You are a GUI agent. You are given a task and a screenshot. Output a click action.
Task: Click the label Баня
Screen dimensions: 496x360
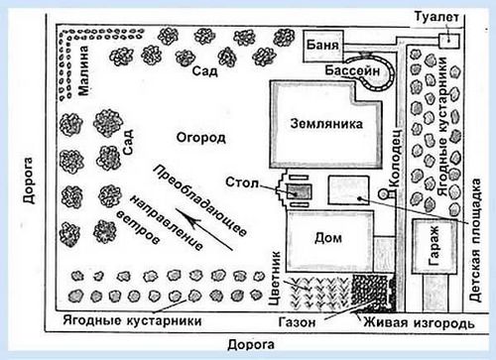click(x=322, y=45)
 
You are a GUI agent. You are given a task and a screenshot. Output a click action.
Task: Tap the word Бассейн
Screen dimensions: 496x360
click(x=352, y=70)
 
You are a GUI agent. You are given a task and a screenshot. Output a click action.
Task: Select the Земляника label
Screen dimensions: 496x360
click(x=326, y=124)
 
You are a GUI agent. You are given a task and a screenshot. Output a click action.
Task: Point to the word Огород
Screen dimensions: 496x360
click(x=201, y=137)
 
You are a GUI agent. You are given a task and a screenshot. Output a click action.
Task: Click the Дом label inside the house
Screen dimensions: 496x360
click(x=328, y=238)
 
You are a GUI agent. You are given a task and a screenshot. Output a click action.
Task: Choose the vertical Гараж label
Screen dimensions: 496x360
click(x=434, y=246)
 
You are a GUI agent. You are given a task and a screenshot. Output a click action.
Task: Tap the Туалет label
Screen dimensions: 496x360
click(x=436, y=17)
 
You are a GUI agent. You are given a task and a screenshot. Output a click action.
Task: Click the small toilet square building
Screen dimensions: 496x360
click(x=449, y=41)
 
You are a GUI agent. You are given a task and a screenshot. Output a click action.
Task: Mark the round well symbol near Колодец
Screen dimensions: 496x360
click(x=383, y=193)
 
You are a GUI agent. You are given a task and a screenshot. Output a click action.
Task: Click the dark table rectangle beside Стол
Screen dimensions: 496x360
click(x=300, y=191)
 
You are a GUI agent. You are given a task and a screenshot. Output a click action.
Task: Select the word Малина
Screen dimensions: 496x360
click(x=83, y=70)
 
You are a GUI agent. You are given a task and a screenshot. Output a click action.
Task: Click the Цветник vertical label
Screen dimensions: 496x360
click(x=275, y=279)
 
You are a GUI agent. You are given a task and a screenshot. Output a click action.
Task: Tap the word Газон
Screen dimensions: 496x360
click(x=297, y=322)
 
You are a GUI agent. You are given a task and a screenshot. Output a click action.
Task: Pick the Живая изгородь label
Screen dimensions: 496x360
click(x=419, y=322)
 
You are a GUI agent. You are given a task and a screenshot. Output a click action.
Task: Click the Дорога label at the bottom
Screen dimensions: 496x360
click(x=251, y=345)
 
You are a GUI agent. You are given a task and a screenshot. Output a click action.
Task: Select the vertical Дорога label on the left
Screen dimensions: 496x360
click(x=28, y=180)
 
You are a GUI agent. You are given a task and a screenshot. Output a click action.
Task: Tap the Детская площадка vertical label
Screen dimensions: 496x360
click(x=475, y=240)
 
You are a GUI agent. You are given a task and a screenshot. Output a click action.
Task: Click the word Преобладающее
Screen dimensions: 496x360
click(x=200, y=201)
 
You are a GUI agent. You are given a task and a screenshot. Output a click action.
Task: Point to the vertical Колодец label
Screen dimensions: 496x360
click(x=395, y=158)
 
